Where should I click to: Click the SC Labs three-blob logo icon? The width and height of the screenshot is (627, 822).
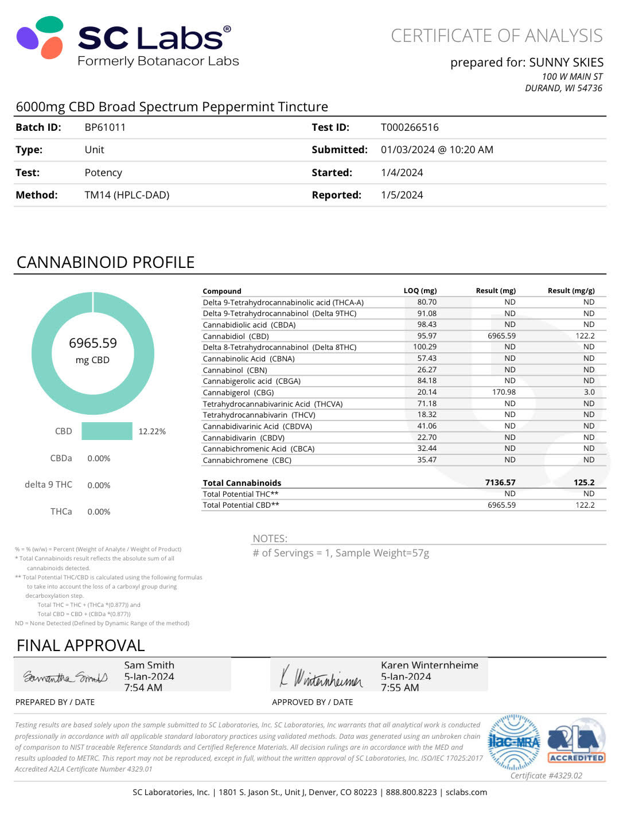(40, 37)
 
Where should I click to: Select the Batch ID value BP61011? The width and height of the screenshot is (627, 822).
(105, 127)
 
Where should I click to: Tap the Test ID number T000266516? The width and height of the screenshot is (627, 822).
(410, 127)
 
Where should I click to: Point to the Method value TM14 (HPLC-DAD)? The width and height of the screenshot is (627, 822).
(127, 195)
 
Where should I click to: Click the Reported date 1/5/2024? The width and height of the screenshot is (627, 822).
(402, 195)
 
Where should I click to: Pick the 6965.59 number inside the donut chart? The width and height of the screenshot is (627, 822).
(93, 343)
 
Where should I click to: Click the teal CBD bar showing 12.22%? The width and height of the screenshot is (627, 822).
(107, 431)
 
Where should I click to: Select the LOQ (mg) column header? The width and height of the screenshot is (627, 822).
(420, 291)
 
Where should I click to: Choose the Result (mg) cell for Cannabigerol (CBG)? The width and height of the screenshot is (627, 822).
(504, 392)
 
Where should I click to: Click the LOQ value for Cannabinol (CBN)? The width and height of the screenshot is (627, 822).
(427, 370)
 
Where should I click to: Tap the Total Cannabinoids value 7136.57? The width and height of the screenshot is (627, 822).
(500, 482)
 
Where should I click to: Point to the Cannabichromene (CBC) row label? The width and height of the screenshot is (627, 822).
(247, 460)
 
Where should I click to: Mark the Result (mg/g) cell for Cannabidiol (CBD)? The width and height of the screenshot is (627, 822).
(585, 336)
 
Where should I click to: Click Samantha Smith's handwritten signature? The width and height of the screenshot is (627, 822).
(65, 677)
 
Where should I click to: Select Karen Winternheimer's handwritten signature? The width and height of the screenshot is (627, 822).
(321, 677)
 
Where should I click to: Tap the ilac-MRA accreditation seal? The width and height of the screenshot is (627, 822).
(513, 742)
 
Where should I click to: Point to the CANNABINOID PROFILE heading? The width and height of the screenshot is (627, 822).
(106, 262)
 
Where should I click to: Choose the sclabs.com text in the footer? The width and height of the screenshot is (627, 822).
(466, 792)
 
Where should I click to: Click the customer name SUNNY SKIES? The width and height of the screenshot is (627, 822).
(566, 62)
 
